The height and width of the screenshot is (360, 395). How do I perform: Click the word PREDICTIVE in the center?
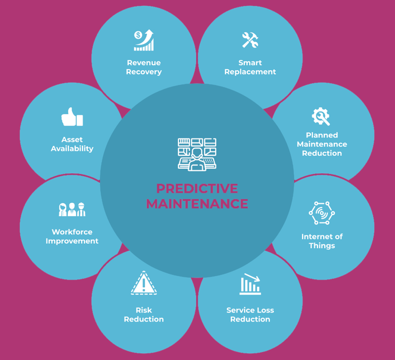click(197, 189)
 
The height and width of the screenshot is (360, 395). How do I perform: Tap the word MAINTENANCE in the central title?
click(197, 203)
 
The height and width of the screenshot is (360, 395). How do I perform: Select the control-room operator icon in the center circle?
click(197, 154)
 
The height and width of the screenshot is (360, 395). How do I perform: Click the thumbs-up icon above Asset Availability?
click(72, 118)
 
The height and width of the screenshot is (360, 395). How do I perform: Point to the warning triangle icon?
click(144, 284)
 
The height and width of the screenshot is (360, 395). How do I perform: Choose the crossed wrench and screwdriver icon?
click(250, 40)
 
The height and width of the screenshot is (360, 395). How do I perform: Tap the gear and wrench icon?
click(321, 116)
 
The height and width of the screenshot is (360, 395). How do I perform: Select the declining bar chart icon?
click(250, 284)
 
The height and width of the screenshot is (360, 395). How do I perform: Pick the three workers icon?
click(72, 210)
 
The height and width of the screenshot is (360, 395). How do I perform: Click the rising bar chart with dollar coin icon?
click(144, 41)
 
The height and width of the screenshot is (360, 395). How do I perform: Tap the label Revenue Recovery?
click(144, 67)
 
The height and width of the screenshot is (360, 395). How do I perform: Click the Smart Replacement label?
click(250, 67)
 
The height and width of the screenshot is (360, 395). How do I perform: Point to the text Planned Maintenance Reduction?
click(322, 144)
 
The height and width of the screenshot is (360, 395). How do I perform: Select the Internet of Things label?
click(322, 241)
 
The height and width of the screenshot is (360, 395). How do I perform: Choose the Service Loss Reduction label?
click(250, 315)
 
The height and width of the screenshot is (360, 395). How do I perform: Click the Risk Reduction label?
click(144, 315)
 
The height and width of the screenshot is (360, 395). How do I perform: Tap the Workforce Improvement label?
click(72, 236)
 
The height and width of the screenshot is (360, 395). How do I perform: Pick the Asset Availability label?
click(72, 144)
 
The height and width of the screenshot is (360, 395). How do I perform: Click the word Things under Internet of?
click(322, 246)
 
